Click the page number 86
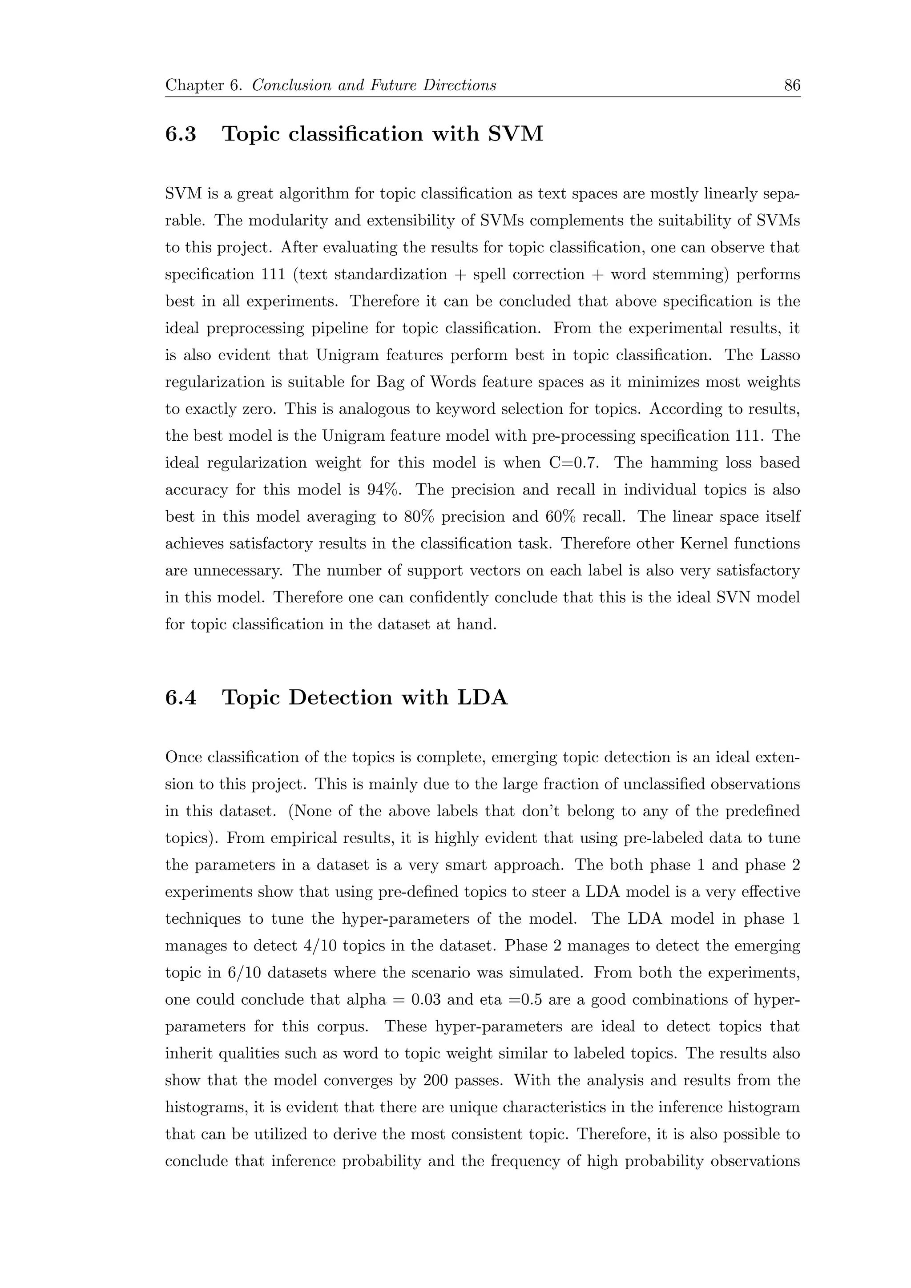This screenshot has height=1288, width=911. pyautogui.click(x=791, y=85)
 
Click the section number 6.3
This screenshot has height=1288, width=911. pyautogui.click(x=181, y=134)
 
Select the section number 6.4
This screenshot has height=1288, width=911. pyautogui.click(x=181, y=697)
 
